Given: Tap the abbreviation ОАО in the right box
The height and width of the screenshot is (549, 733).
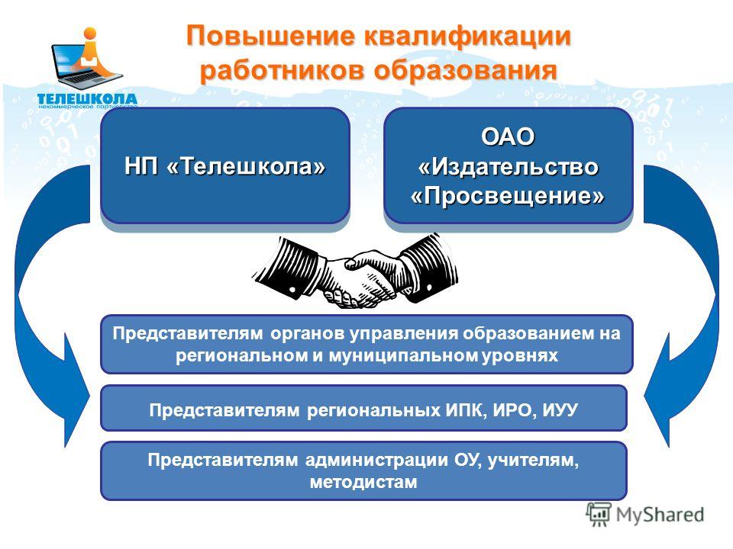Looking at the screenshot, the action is click(x=508, y=136).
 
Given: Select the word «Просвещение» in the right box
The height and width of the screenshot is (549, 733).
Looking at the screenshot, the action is click(x=508, y=196).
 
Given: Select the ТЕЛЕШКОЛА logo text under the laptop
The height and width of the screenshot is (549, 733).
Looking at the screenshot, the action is click(x=87, y=99).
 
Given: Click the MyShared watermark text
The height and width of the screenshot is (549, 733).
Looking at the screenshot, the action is click(x=660, y=515).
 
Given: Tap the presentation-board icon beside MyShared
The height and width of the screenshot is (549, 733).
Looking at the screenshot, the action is click(x=599, y=514).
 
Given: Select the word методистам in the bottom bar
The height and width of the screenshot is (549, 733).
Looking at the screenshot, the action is click(x=363, y=482).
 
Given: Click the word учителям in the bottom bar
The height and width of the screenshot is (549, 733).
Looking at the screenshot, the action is click(x=533, y=461).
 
